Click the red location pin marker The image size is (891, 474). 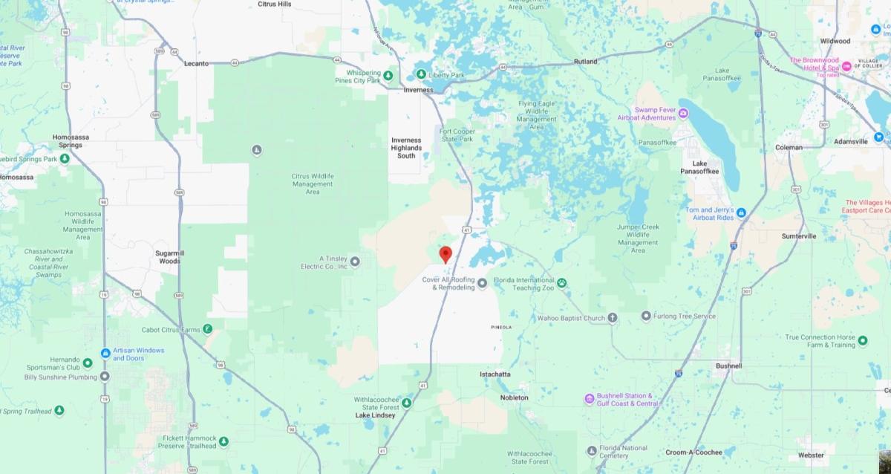(446, 254)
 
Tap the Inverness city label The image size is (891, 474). (418, 90)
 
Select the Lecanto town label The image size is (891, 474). (196, 64)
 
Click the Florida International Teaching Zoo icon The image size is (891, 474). (562, 282)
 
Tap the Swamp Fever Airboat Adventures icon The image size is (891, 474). (683, 113)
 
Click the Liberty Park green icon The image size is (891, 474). (420, 74)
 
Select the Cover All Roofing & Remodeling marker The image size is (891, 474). (482, 282)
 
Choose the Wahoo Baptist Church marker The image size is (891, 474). (613, 318)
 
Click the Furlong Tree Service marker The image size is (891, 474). (646, 316)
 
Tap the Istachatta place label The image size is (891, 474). (495, 374)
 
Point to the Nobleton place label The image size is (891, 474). (515, 397)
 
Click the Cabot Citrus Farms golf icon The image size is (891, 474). (209, 329)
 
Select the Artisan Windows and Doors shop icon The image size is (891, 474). (105, 353)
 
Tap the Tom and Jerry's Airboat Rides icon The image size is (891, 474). (741, 213)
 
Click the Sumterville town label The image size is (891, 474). (798, 236)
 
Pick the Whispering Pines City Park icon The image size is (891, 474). (388, 76)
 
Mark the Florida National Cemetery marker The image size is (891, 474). (591, 451)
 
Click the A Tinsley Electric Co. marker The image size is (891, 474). (355, 261)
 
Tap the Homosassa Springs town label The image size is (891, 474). (71, 140)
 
